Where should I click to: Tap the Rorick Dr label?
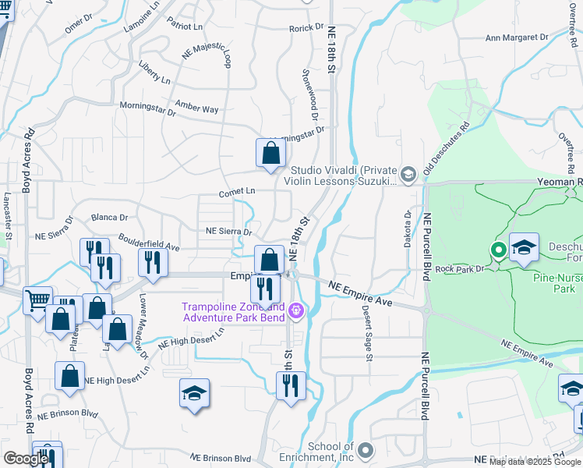(x=306, y=28)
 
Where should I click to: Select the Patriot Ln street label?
(x=185, y=26)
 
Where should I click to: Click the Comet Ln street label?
(x=238, y=190)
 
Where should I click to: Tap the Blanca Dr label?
(x=109, y=218)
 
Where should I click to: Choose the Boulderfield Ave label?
(x=149, y=242)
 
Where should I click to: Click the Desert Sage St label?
(x=367, y=332)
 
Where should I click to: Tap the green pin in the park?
(x=499, y=250)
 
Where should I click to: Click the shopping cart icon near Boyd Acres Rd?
(x=37, y=300)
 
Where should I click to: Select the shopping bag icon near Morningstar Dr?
(x=270, y=153)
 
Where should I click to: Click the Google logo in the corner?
(x=26, y=459)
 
